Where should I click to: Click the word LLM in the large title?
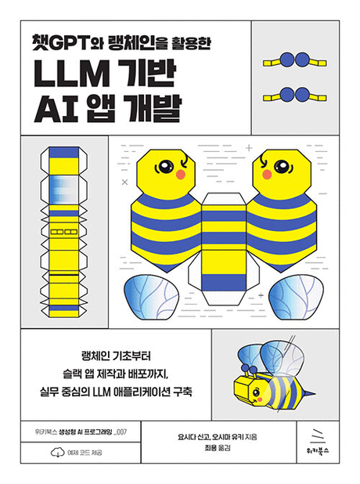[71, 74]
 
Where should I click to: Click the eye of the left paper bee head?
[166, 166]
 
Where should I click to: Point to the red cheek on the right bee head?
[267, 175]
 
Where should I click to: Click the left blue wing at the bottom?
[151, 297]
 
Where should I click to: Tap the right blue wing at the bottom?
[296, 297]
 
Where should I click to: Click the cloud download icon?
[58, 453]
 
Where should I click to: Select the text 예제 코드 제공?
[85, 453]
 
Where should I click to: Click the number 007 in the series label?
[121, 432]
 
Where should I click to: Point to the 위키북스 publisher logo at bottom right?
[318, 442]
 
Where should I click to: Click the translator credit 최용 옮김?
[218, 447]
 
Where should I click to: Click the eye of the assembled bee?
[256, 393]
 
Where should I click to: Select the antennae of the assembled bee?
[249, 370]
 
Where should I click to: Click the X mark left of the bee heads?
[124, 182]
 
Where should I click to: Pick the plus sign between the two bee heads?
[249, 148]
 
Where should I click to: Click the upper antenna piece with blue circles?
[294, 60]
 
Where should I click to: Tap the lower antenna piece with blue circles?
[294, 95]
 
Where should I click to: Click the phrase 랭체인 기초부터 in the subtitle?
[116, 356]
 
